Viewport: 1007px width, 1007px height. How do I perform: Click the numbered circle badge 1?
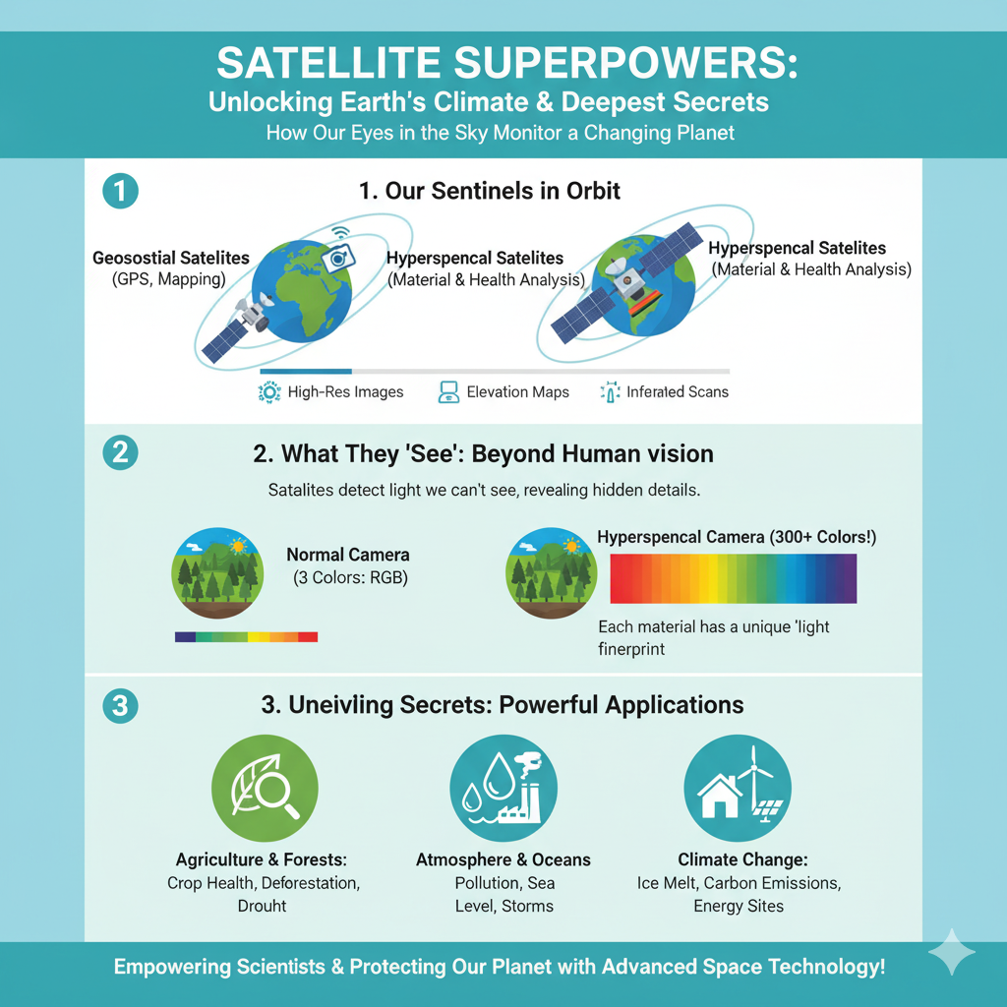121,191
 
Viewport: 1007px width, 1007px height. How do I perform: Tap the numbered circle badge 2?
121,452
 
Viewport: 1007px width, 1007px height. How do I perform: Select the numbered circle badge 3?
121,706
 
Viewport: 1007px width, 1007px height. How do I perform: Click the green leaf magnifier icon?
265,788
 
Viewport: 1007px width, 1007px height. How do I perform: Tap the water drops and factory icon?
503,788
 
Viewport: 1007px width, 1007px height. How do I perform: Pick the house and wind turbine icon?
738,788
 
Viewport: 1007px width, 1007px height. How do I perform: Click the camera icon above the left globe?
338,257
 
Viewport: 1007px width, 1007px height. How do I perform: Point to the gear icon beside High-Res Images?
269,391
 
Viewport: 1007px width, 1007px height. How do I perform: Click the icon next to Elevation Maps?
448,391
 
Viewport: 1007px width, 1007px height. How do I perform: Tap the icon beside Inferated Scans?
610,391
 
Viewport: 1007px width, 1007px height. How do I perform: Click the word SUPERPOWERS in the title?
625,64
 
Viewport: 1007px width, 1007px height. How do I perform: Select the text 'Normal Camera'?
347,555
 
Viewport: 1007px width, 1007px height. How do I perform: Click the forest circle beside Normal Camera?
217,573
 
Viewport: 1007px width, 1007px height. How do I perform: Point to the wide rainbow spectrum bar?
733,578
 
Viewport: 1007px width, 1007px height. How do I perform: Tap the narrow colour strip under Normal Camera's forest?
246,636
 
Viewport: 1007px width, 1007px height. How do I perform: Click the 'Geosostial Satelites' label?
171,259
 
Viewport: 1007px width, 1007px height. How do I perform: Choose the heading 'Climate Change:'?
742,859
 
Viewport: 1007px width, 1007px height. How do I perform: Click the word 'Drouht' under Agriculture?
262,906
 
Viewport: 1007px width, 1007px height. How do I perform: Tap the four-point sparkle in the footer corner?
952,952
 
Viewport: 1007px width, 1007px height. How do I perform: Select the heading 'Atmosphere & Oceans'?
503,859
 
